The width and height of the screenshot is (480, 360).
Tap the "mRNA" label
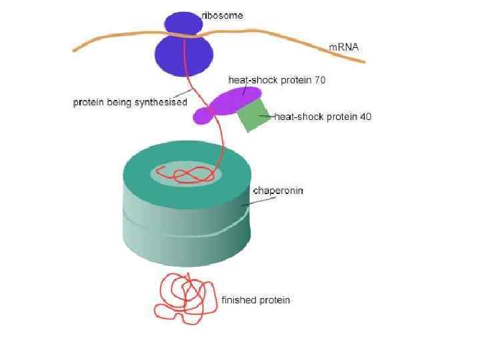pyautogui.click(x=344, y=47)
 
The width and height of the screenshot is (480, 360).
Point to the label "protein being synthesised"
pyautogui.click(x=129, y=103)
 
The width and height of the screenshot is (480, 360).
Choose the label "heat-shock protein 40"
pyautogui.click(x=323, y=117)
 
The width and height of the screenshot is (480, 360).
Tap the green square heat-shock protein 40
pyautogui.click(x=252, y=114)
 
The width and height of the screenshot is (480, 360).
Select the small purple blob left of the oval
pyautogui.click(x=202, y=117)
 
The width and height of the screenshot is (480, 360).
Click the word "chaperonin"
pyautogui.click(x=278, y=191)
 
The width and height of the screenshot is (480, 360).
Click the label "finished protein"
pyautogui.click(x=255, y=300)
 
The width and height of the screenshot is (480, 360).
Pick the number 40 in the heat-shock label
pyautogui.click(x=365, y=117)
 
